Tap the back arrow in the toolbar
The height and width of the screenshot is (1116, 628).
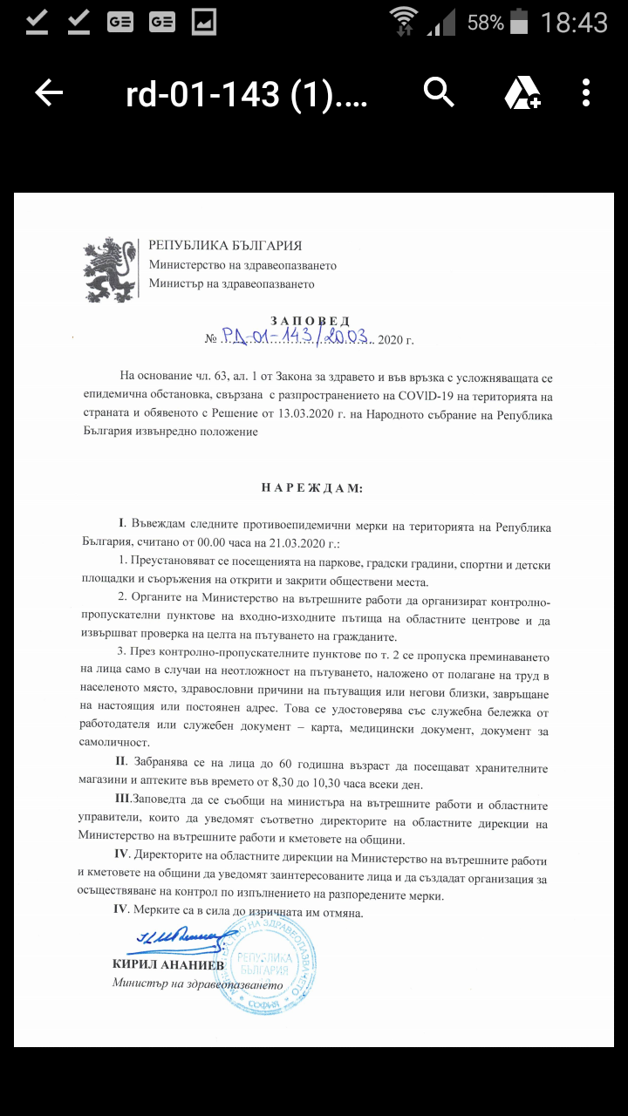pyautogui.click(x=49, y=92)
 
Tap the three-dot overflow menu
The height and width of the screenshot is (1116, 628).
pyautogui.click(x=586, y=92)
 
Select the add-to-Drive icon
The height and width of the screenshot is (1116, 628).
pyautogui.click(x=522, y=92)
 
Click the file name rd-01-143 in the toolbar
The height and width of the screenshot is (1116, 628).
pyautogui.click(x=247, y=92)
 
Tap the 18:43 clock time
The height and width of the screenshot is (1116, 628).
pyautogui.click(x=573, y=22)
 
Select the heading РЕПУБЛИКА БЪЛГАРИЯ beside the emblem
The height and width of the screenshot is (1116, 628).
pyautogui.click(x=225, y=246)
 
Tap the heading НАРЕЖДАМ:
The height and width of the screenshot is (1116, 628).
pyautogui.click(x=311, y=488)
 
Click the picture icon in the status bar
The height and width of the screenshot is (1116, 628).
pyautogui.click(x=203, y=22)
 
